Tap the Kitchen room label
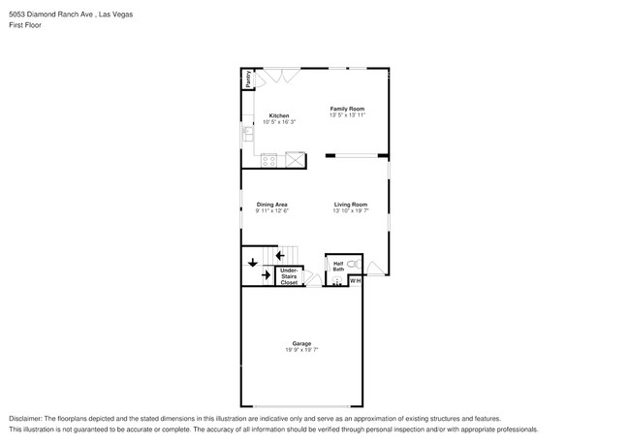(279, 116)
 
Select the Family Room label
(346, 109)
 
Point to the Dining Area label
(272, 205)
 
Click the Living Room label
(351, 205)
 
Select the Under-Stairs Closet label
(289, 276)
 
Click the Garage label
(301, 344)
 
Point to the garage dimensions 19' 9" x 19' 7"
(301, 351)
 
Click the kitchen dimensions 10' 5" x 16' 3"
(279, 122)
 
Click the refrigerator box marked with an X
(294, 160)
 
